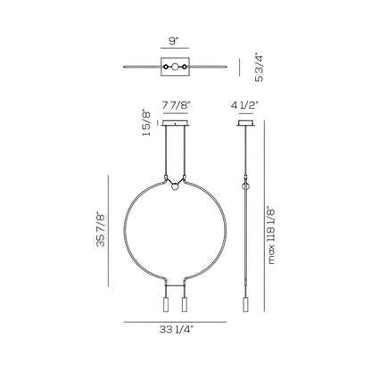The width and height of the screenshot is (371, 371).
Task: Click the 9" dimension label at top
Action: [175, 41]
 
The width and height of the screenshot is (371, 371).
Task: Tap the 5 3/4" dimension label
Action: [260, 67]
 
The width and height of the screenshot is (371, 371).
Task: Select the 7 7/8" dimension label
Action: [176, 105]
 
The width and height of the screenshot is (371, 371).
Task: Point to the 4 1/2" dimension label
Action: [245, 105]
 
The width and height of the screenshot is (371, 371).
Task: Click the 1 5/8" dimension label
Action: [146, 124]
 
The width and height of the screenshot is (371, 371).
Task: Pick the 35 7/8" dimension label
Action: [101, 229]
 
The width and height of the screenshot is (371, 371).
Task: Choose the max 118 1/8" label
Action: [271, 235]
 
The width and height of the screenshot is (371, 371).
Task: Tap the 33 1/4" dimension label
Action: [177, 329]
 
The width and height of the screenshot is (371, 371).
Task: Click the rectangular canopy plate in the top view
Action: [176, 67]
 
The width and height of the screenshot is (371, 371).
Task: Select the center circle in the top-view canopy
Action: [176, 67]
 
